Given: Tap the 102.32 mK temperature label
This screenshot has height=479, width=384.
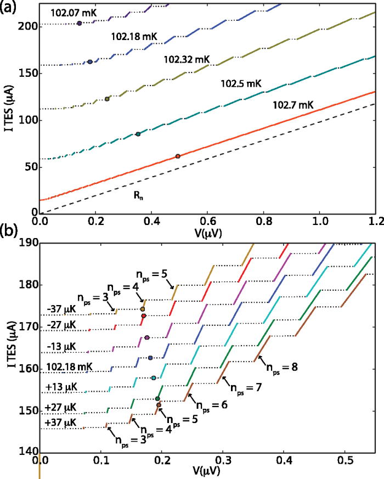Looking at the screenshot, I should point(185,58).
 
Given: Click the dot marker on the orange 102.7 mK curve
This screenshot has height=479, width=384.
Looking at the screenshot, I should point(178,156).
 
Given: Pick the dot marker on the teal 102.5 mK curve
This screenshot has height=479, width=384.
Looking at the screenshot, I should point(138,134).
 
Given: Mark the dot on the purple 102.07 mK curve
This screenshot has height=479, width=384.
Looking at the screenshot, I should point(80,23).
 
